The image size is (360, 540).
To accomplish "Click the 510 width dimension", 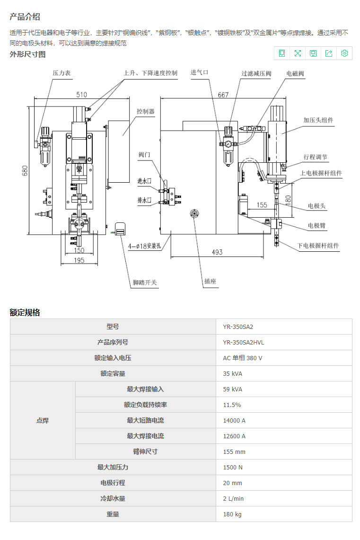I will [x=81, y=95].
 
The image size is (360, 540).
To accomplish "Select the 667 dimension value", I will [x=223, y=95].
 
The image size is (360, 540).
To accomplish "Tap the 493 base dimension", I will [x=217, y=252].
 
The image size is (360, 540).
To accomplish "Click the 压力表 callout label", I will [x=61, y=73].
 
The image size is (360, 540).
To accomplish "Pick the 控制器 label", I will [x=145, y=112].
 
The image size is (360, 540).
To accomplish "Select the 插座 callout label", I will [x=210, y=281].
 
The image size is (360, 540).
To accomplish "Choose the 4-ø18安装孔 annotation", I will [x=145, y=246].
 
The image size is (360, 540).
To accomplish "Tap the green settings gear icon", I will [x=344, y=53].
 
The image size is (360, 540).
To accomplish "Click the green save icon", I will [x=313, y=53].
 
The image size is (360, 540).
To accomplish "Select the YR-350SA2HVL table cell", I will [x=284, y=342].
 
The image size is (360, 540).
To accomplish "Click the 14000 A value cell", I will [x=284, y=420].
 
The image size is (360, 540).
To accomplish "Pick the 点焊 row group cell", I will [x=43, y=420].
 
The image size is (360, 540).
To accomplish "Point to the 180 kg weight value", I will [x=284, y=514].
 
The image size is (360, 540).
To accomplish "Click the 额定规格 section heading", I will [x=25, y=312].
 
